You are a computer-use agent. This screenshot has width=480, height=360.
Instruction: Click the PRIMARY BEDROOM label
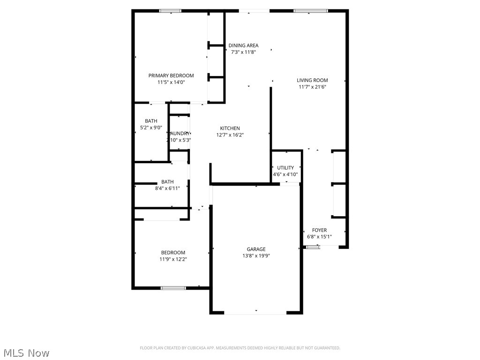coord(171,75)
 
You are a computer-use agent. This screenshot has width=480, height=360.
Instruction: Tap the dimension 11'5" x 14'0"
coord(171,82)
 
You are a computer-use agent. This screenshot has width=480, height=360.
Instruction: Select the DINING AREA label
coord(243,45)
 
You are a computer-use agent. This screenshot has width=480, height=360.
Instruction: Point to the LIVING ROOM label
coord(312,80)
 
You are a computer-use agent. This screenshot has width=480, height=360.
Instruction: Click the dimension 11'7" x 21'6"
coord(312,87)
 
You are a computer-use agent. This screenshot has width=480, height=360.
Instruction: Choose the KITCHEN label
coord(230,128)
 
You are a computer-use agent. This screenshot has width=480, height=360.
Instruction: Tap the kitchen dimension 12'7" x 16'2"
coord(230,135)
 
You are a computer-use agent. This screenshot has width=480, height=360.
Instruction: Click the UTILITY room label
coord(285,167)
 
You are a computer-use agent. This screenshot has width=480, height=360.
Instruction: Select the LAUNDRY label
coord(180,133)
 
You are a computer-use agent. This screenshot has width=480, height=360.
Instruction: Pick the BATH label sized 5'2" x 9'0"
coord(151,121)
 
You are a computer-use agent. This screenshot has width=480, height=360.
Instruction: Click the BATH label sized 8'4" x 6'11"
coord(167,182)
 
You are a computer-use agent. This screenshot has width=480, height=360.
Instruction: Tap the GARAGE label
coord(256,249)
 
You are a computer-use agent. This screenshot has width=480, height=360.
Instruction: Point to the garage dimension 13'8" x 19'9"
coord(256,255)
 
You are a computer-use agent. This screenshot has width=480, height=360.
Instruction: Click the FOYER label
coord(319,230)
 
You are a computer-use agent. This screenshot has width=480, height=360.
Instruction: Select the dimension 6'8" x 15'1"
coord(319,237)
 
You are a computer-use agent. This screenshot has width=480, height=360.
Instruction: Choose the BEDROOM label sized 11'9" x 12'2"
coord(173,252)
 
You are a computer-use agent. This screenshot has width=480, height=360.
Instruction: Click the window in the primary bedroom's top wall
coord(170,11)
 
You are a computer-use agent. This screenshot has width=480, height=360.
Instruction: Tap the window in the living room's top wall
coord(310,11)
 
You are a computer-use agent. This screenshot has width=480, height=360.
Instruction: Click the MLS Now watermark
coord(26,352)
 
